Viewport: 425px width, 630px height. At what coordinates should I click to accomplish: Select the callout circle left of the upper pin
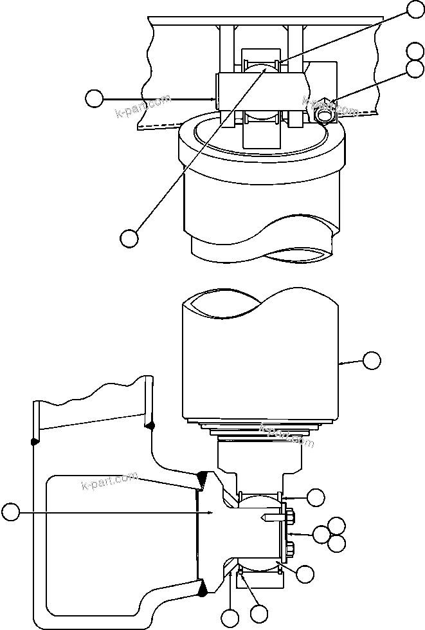click(x=95, y=98)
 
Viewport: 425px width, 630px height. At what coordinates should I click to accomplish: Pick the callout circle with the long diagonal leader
click(x=129, y=237)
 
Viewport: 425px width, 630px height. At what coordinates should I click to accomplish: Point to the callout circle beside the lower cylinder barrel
click(x=372, y=360)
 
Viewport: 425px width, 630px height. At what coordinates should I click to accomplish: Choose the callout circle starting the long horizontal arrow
click(x=10, y=512)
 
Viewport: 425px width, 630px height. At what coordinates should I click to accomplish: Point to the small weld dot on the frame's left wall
click(x=33, y=441)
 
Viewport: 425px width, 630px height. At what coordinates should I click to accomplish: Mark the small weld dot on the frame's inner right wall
click(x=150, y=425)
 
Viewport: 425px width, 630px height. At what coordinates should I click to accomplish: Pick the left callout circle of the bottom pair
click(x=230, y=619)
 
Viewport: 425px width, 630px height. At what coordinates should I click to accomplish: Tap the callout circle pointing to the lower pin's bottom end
click(x=304, y=573)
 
